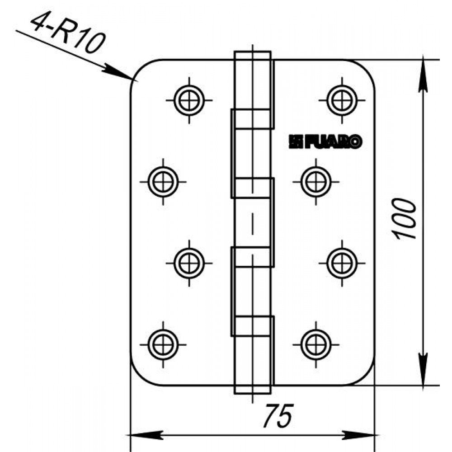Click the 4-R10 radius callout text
[68, 34]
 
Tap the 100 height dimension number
[404, 219]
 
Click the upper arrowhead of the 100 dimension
[423, 75]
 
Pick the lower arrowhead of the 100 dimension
[423, 369]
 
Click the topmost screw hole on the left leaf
[189, 100]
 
